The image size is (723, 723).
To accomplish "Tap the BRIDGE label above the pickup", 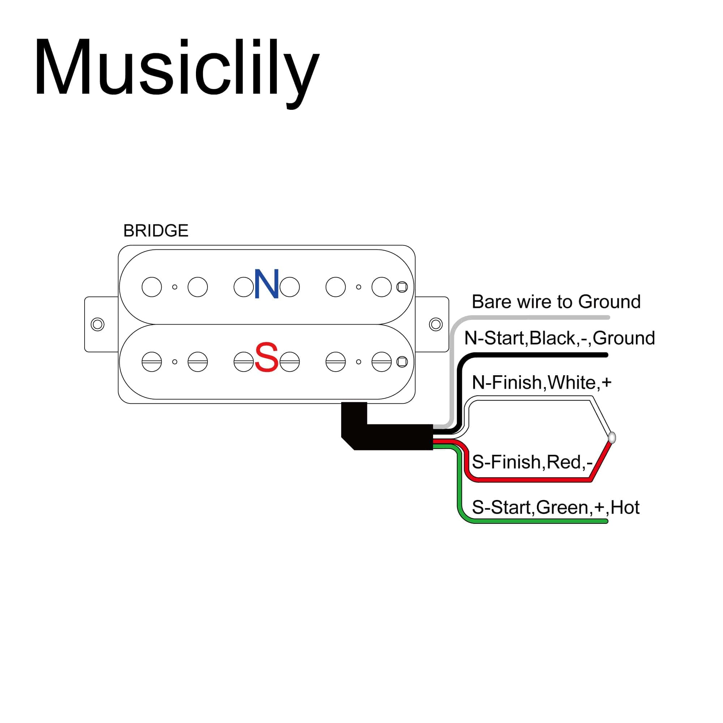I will coord(156,231).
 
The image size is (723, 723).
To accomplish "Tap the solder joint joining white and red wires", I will coord(612,437).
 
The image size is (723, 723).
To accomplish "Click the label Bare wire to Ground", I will coord(556,301).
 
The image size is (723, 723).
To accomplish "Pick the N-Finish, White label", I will coord(542,382).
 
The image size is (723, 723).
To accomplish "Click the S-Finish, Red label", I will coord(532,462).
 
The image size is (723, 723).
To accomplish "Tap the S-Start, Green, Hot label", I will coord(555,508).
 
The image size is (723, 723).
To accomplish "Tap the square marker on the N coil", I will coord(402,287).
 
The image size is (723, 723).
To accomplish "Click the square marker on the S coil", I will coord(402,362).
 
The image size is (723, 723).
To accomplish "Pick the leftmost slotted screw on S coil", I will coord(151,362).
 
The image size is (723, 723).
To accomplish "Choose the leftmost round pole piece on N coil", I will coord(151,287).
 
